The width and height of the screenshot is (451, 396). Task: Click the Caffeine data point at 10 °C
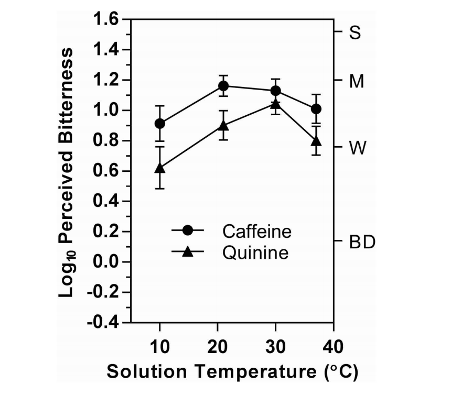pyautogui.click(x=160, y=124)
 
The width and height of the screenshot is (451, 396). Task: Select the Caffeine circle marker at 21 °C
pyautogui.click(x=223, y=86)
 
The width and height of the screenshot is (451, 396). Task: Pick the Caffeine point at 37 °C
pyautogui.click(x=316, y=109)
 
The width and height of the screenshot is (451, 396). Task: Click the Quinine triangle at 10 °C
pyautogui.click(x=160, y=168)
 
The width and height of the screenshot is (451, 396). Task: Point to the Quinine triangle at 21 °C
pyautogui.click(x=223, y=126)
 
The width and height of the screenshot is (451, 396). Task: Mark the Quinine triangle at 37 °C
pyautogui.click(x=316, y=141)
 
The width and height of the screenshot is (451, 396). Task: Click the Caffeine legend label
pyautogui.click(x=256, y=231)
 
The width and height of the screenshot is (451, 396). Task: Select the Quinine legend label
pyautogui.click(x=255, y=253)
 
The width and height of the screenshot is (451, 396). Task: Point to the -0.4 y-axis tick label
pyautogui.click(x=103, y=323)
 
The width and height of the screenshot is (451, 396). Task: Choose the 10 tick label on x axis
pyautogui.click(x=160, y=347)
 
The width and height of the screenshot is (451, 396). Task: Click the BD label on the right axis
pyautogui.click(x=362, y=243)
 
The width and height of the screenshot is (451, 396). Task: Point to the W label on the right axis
pyautogui.click(x=357, y=148)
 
